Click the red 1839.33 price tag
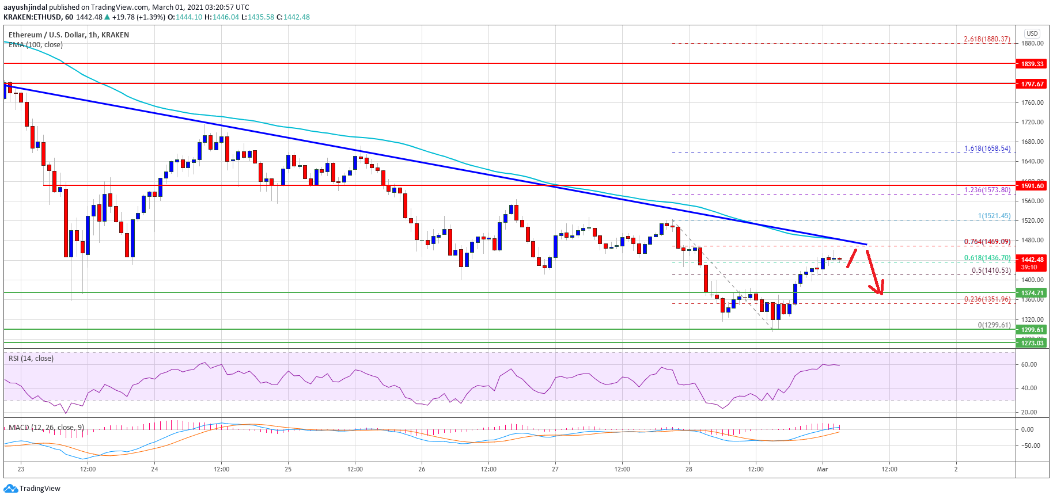point(1032,64)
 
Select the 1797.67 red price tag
point(1032,84)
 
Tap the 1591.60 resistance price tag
point(1032,186)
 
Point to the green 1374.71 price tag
point(1032,293)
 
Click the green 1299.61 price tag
point(1032,330)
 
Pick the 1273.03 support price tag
point(1032,343)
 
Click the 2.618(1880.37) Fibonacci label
point(987,39)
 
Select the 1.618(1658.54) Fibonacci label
point(987,148)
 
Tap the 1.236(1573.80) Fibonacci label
point(987,190)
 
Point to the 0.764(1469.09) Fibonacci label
point(987,242)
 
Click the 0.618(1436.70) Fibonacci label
point(987,258)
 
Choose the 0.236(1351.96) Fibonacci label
point(987,299)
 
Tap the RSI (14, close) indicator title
point(31,359)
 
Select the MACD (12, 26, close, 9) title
point(46,428)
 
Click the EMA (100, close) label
point(36,45)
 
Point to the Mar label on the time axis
point(822,469)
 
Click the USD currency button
point(1032,33)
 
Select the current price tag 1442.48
point(1032,260)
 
